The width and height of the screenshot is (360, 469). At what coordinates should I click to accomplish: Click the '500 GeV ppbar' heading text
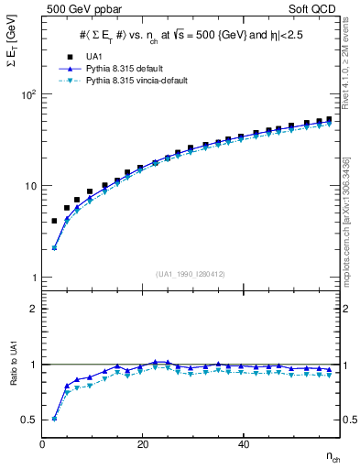tap(76, 9)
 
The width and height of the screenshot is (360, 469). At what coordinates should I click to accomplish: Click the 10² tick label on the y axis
tap(28, 94)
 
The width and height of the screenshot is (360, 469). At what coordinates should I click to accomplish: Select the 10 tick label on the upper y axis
tap(30, 186)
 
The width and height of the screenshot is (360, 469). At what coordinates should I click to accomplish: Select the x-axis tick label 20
tap(142, 444)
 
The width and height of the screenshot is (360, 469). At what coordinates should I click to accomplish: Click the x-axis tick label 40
tap(243, 444)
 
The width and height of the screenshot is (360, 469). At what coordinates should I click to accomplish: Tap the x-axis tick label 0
tap(43, 444)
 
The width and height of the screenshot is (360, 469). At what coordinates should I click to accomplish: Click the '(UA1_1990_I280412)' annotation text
tap(191, 274)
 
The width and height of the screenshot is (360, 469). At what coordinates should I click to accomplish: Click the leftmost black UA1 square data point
tap(54, 221)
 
